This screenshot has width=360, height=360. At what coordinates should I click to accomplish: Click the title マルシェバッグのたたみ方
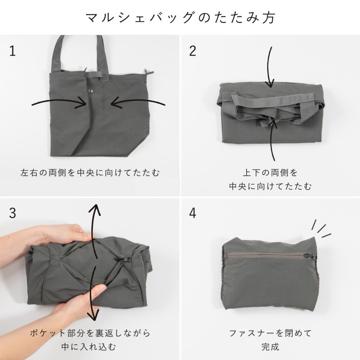[x=180, y=18]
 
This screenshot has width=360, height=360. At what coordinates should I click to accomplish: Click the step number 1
[x=13, y=51]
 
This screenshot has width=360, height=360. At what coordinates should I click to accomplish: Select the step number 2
[x=193, y=51]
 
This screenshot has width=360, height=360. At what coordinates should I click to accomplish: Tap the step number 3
[x=13, y=213]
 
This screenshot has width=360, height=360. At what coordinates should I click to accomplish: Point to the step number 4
[x=193, y=213]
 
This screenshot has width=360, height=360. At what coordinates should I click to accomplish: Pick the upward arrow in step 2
[x=273, y=140]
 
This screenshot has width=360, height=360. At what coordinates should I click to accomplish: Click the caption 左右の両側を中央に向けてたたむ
[x=90, y=173]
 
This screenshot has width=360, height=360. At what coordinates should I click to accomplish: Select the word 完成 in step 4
[x=270, y=347]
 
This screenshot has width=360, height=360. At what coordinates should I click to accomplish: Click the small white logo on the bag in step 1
[x=90, y=91]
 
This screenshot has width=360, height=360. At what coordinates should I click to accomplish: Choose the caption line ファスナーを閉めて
[x=270, y=333]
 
